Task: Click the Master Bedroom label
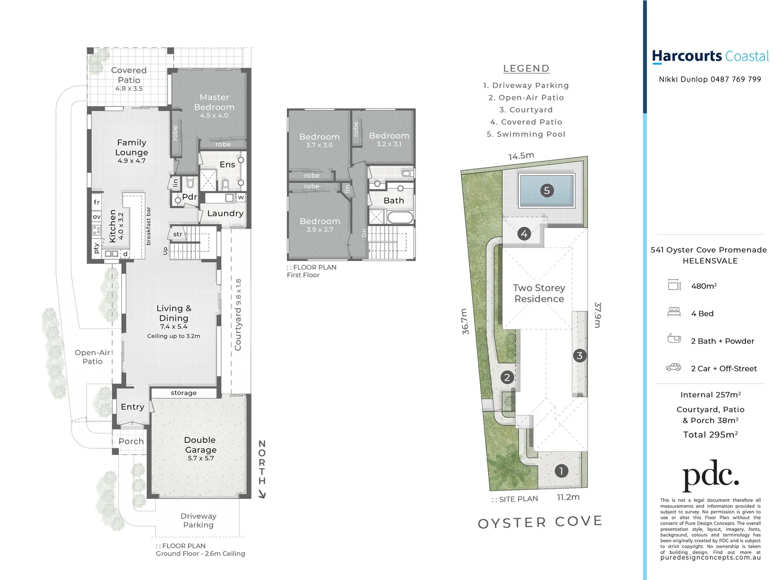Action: (214, 103)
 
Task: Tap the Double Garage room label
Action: (200, 445)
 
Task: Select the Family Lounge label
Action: (132, 148)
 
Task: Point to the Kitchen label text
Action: (113, 226)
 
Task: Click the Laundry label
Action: (225, 213)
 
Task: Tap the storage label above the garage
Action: (184, 393)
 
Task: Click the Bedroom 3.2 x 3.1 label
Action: (389, 136)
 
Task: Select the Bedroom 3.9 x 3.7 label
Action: (320, 222)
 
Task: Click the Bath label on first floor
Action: (394, 200)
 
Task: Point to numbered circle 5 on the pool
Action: (547, 190)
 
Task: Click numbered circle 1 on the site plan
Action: (561, 471)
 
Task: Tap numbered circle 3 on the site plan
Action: (579, 356)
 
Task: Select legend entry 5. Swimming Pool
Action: (526, 134)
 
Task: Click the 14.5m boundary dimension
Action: (521, 156)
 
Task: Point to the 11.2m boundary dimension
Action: (568, 497)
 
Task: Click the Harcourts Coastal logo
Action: (710, 56)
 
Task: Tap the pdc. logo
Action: (710, 475)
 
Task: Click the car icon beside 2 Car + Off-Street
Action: (673, 368)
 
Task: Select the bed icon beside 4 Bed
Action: (674, 312)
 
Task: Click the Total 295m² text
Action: (710, 435)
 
